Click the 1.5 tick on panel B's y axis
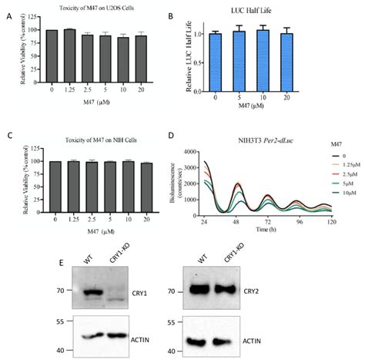pyautogui.click(x=211, y=14)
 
